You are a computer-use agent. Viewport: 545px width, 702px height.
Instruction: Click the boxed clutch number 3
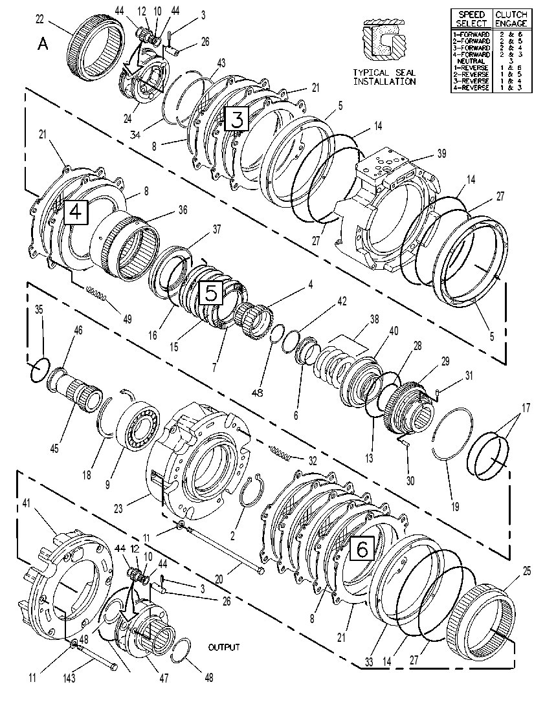(x=236, y=118)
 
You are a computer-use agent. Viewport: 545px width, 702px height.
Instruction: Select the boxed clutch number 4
(x=76, y=212)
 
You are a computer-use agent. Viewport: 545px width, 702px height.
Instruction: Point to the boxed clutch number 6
(x=362, y=548)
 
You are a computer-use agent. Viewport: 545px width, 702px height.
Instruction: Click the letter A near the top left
(x=43, y=44)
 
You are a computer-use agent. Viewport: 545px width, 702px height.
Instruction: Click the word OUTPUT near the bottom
(x=224, y=648)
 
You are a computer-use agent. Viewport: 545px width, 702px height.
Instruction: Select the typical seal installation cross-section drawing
(x=384, y=40)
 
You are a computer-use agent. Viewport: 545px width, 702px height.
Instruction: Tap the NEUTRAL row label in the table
(x=471, y=61)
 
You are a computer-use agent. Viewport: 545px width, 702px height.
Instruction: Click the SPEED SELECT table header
(x=471, y=19)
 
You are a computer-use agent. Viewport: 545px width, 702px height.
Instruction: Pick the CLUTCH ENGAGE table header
(x=511, y=19)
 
